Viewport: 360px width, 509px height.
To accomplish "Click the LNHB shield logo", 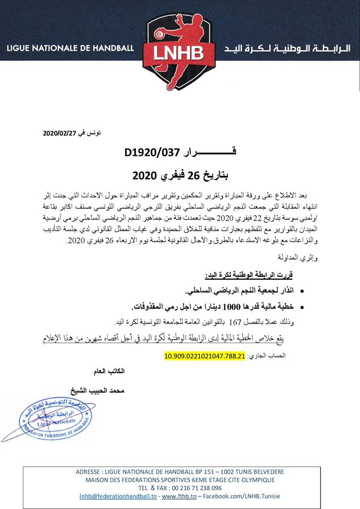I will pyautogui.click(x=180, y=50).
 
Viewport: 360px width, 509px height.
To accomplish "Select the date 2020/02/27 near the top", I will pyautogui.click(x=59, y=133).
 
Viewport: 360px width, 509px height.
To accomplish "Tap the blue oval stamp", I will pyautogui.click(x=56, y=418).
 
